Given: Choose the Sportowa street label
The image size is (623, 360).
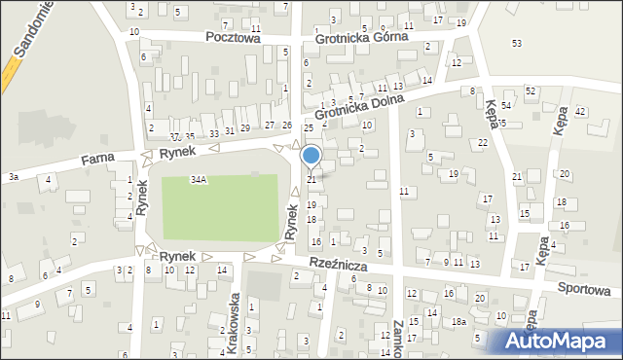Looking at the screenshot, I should point(588,289).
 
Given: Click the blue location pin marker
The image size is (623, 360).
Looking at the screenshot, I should point(311,156).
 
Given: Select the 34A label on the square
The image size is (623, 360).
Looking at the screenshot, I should point(199,180).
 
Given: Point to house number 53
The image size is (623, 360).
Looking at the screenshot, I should point(517,44).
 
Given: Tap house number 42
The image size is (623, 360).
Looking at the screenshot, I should point(579,112).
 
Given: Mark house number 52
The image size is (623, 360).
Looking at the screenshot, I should point(531,90).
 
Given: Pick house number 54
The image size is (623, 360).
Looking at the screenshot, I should point(506,105).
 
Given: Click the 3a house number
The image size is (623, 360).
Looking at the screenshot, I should point(14,177).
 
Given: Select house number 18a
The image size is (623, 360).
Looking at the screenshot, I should point(458,321).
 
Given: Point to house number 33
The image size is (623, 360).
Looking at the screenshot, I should point(214,131).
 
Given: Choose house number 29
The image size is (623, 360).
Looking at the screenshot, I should point(245,127).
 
